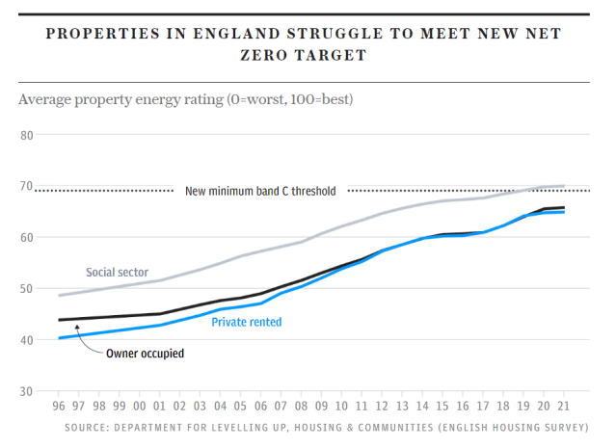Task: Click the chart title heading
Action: click(x=308, y=44)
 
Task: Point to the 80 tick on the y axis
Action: click(x=26, y=135)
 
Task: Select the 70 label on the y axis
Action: click(x=26, y=186)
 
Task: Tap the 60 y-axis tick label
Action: click(x=26, y=237)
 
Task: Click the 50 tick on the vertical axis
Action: click(x=26, y=288)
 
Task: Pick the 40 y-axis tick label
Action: click(x=26, y=340)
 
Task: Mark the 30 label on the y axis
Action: click(x=26, y=391)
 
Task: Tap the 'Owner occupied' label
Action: click(x=144, y=353)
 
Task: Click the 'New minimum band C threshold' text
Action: click(x=260, y=191)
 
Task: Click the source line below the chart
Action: click(x=326, y=427)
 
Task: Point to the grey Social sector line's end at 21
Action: click(x=564, y=186)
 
